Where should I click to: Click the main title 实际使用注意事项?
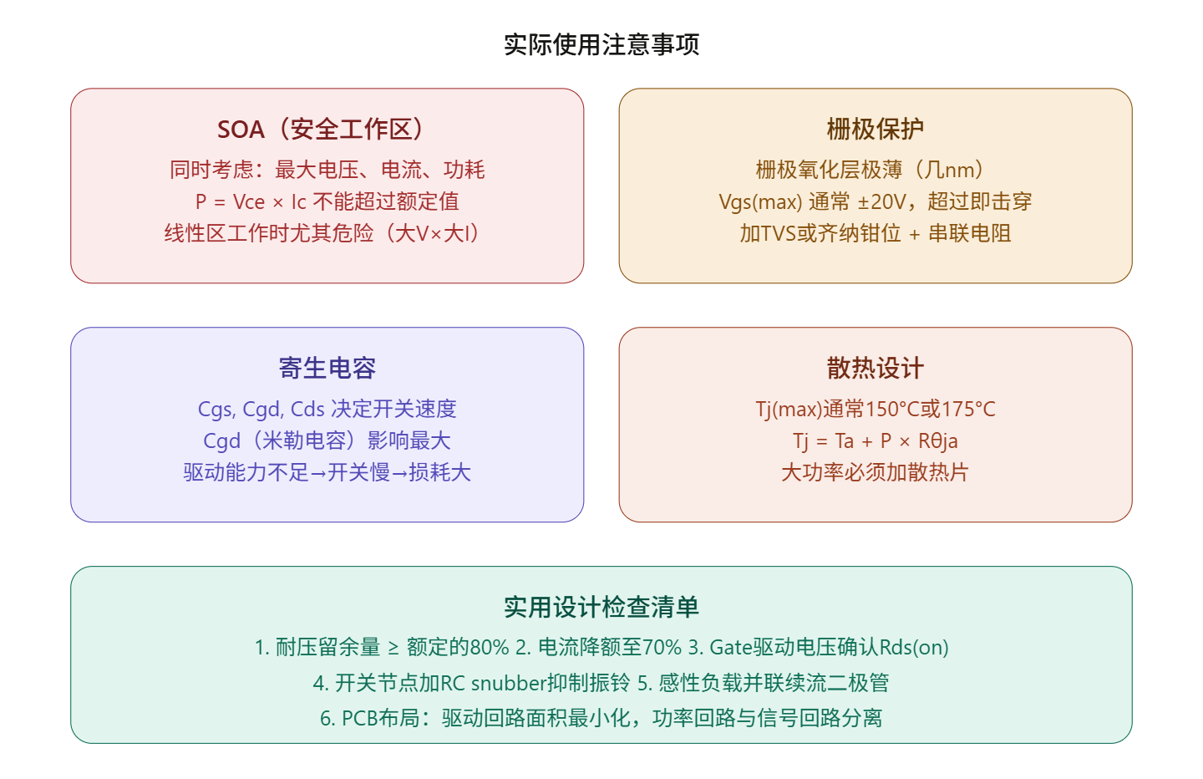[601, 44]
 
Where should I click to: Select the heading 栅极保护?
[876, 130]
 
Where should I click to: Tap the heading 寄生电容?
[327, 369]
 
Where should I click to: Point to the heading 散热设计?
[876, 369]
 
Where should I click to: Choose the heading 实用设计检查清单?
[601, 608]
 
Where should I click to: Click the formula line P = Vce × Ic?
[251, 202]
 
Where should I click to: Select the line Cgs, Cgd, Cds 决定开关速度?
[327, 410]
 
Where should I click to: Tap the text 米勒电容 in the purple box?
[304, 441]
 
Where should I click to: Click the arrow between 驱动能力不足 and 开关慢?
[317, 473]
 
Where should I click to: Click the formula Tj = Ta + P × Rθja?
[876, 441]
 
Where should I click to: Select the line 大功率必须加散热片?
[876, 473]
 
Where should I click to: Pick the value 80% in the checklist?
[490, 648]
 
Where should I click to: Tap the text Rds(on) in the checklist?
[914, 648]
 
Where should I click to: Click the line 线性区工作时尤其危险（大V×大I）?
[323, 234]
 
